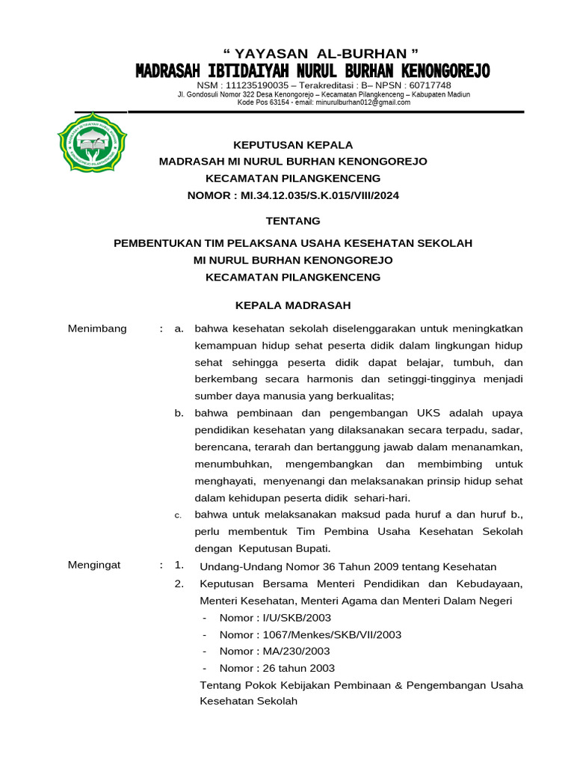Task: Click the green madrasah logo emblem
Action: [x=92, y=142]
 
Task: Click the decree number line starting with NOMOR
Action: [x=293, y=196]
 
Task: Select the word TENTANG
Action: [x=293, y=221]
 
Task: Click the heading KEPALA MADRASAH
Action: [x=293, y=305]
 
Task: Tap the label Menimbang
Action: [x=97, y=328]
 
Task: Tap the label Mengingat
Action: [x=94, y=565]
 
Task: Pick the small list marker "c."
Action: [x=179, y=515]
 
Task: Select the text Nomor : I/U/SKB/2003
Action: [x=275, y=617]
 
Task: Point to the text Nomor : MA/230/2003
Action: [x=274, y=652]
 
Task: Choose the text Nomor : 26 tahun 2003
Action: [x=277, y=668]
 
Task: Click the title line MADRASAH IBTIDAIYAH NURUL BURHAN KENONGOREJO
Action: [x=312, y=71]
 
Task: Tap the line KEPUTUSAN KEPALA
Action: [x=293, y=144]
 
